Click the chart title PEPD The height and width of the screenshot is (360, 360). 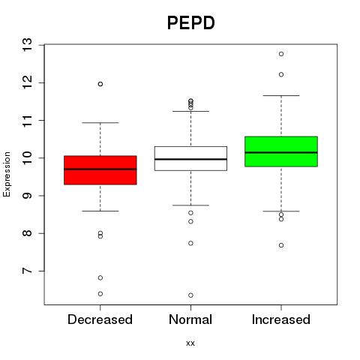[x=190, y=23]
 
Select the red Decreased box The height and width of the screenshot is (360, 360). [x=100, y=170]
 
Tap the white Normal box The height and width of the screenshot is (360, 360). [x=190, y=158]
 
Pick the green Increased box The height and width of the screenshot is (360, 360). [x=281, y=151]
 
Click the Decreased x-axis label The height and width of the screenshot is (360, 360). [x=100, y=319]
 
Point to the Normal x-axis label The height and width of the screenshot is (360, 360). [x=190, y=319]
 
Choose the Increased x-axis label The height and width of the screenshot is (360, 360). [x=281, y=319]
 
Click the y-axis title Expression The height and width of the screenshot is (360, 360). [x=7, y=174]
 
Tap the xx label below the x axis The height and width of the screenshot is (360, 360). [x=190, y=343]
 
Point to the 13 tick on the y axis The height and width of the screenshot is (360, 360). [x=28, y=45]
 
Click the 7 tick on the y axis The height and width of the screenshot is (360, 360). [x=28, y=271]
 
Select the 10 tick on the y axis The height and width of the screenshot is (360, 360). [x=28, y=158]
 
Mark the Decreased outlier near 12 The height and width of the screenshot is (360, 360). [x=100, y=84]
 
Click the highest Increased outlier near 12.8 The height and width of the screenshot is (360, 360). [x=281, y=54]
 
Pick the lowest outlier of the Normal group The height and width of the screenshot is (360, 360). [x=190, y=295]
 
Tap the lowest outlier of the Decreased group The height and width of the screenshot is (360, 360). [x=100, y=294]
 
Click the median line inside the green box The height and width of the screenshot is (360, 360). [x=281, y=152]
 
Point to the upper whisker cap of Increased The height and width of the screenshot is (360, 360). [x=281, y=95]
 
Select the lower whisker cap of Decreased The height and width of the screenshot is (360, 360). [x=100, y=211]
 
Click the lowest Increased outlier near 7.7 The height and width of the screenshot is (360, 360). [x=281, y=245]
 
